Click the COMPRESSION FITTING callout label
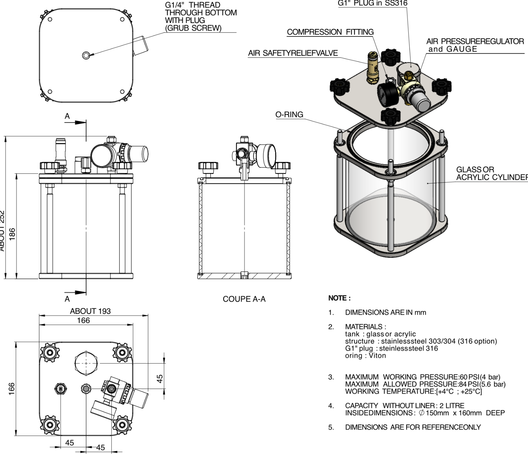(330, 32)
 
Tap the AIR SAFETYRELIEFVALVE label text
(293, 53)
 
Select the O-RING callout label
(289, 114)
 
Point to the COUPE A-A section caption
(244, 299)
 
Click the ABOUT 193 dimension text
(90, 311)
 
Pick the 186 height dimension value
(12, 234)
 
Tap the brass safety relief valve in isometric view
(373, 69)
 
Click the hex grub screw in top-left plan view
(86, 55)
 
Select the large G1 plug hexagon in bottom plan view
(86, 363)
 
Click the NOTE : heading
(339, 298)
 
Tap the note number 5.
(331, 427)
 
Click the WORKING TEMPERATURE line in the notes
(413, 391)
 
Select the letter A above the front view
(67, 116)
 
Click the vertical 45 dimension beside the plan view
(160, 378)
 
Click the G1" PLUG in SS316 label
(372, 3)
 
